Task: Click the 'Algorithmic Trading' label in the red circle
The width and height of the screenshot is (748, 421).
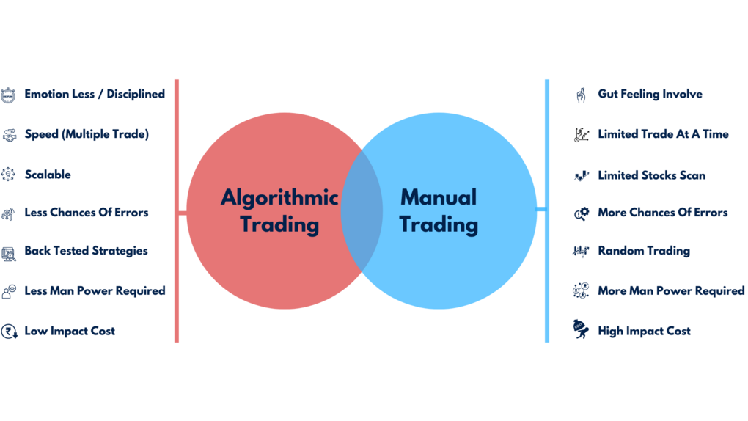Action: pyautogui.click(x=279, y=210)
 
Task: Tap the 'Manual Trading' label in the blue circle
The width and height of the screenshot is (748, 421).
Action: pyautogui.click(x=439, y=210)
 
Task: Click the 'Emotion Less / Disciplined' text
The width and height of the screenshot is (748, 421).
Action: pyautogui.click(x=94, y=95)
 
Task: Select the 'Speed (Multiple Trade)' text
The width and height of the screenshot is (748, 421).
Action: pyautogui.click(x=86, y=135)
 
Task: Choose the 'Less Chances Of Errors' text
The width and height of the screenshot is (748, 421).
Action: pyautogui.click(x=86, y=213)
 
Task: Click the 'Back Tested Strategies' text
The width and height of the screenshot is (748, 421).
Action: pyautogui.click(x=86, y=251)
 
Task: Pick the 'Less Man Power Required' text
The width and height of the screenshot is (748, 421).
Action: pyautogui.click(x=95, y=291)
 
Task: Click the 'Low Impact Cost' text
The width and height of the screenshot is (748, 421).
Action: pyautogui.click(x=70, y=332)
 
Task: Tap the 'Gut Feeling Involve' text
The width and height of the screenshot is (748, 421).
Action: pyautogui.click(x=650, y=95)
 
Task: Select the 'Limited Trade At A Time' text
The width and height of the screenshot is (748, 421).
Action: pyautogui.click(x=663, y=135)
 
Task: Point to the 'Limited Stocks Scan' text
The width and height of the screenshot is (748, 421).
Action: pyautogui.click(x=651, y=176)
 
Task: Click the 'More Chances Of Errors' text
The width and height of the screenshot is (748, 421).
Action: pyautogui.click(x=663, y=213)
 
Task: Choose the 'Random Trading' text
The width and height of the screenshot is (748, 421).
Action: pyautogui.click(x=644, y=251)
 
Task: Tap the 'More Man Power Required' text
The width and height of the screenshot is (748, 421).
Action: pyautogui.click(x=671, y=291)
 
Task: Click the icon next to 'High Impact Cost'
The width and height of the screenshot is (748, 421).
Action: pyautogui.click(x=581, y=331)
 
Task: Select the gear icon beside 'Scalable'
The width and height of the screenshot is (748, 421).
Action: pyautogui.click(x=9, y=175)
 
